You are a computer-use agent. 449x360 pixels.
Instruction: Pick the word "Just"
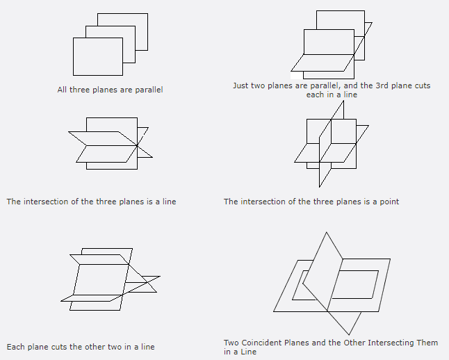tap(241, 85)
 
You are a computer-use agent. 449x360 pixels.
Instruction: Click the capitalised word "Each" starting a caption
tap(15, 347)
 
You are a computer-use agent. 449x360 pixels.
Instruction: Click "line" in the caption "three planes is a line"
tap(168, 202)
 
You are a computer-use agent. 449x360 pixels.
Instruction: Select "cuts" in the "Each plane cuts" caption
tap(67, 347)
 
